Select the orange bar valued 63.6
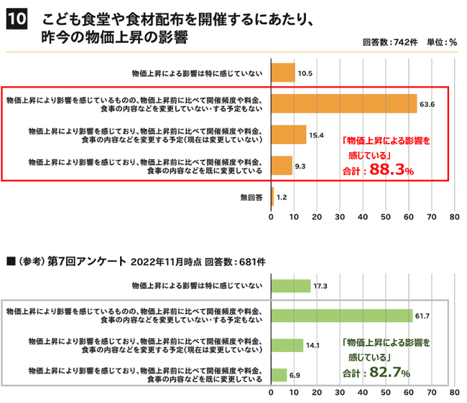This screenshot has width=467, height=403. pos(343,103)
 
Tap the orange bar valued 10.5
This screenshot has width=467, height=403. pos(282,72)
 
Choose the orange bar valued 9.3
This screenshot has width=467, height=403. pos(281,165)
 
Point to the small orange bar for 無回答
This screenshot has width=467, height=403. pos(272,195)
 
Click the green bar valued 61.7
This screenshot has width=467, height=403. pos(341,315)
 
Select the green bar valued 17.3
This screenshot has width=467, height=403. pos(290,285)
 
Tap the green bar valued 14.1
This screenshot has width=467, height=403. pos(287,344)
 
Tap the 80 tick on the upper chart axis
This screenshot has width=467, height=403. pos(454,216)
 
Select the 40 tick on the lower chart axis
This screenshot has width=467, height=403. pos(362,394)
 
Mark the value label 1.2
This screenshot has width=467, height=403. pos(282,196)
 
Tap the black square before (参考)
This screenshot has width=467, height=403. pos(10,261)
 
